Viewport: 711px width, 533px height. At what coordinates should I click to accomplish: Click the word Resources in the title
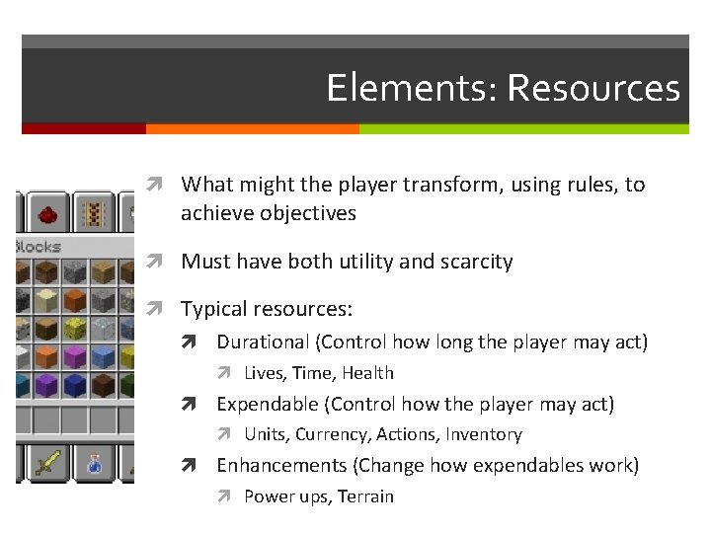(593, 88)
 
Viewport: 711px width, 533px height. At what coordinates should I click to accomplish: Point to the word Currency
(330, 434)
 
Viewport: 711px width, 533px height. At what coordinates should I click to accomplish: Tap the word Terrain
(365, 496)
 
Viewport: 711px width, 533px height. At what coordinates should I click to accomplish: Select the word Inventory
(483, 434)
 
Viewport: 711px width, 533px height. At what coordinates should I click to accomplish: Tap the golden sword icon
(47, 462)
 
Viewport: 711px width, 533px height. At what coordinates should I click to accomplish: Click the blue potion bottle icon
(93, 462)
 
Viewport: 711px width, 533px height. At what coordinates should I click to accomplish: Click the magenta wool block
(74, 356)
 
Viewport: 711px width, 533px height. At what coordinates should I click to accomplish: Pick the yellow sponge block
(74, 329)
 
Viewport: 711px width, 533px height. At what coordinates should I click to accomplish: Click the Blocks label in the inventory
(38, 247)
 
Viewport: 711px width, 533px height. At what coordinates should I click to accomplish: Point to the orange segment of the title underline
(252, 128)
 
